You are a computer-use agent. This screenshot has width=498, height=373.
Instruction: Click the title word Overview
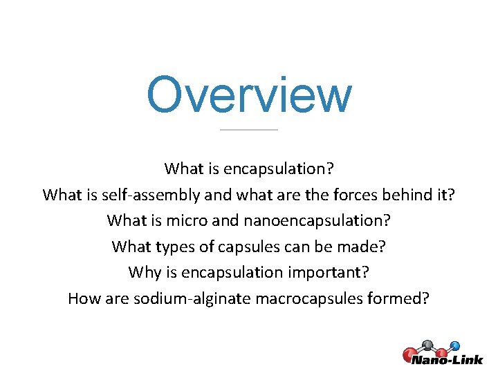[x=249, y=95]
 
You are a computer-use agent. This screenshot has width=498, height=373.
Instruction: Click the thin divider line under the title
[x=249, y=129]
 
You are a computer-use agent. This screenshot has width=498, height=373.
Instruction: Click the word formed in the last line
[x=405, y=298]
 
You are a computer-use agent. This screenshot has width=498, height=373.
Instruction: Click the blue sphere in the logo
[x=455, y=345]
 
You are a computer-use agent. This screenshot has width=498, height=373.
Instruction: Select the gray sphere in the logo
[x=427, y=344]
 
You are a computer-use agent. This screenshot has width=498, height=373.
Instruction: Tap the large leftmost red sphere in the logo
[x=409, y=355]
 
